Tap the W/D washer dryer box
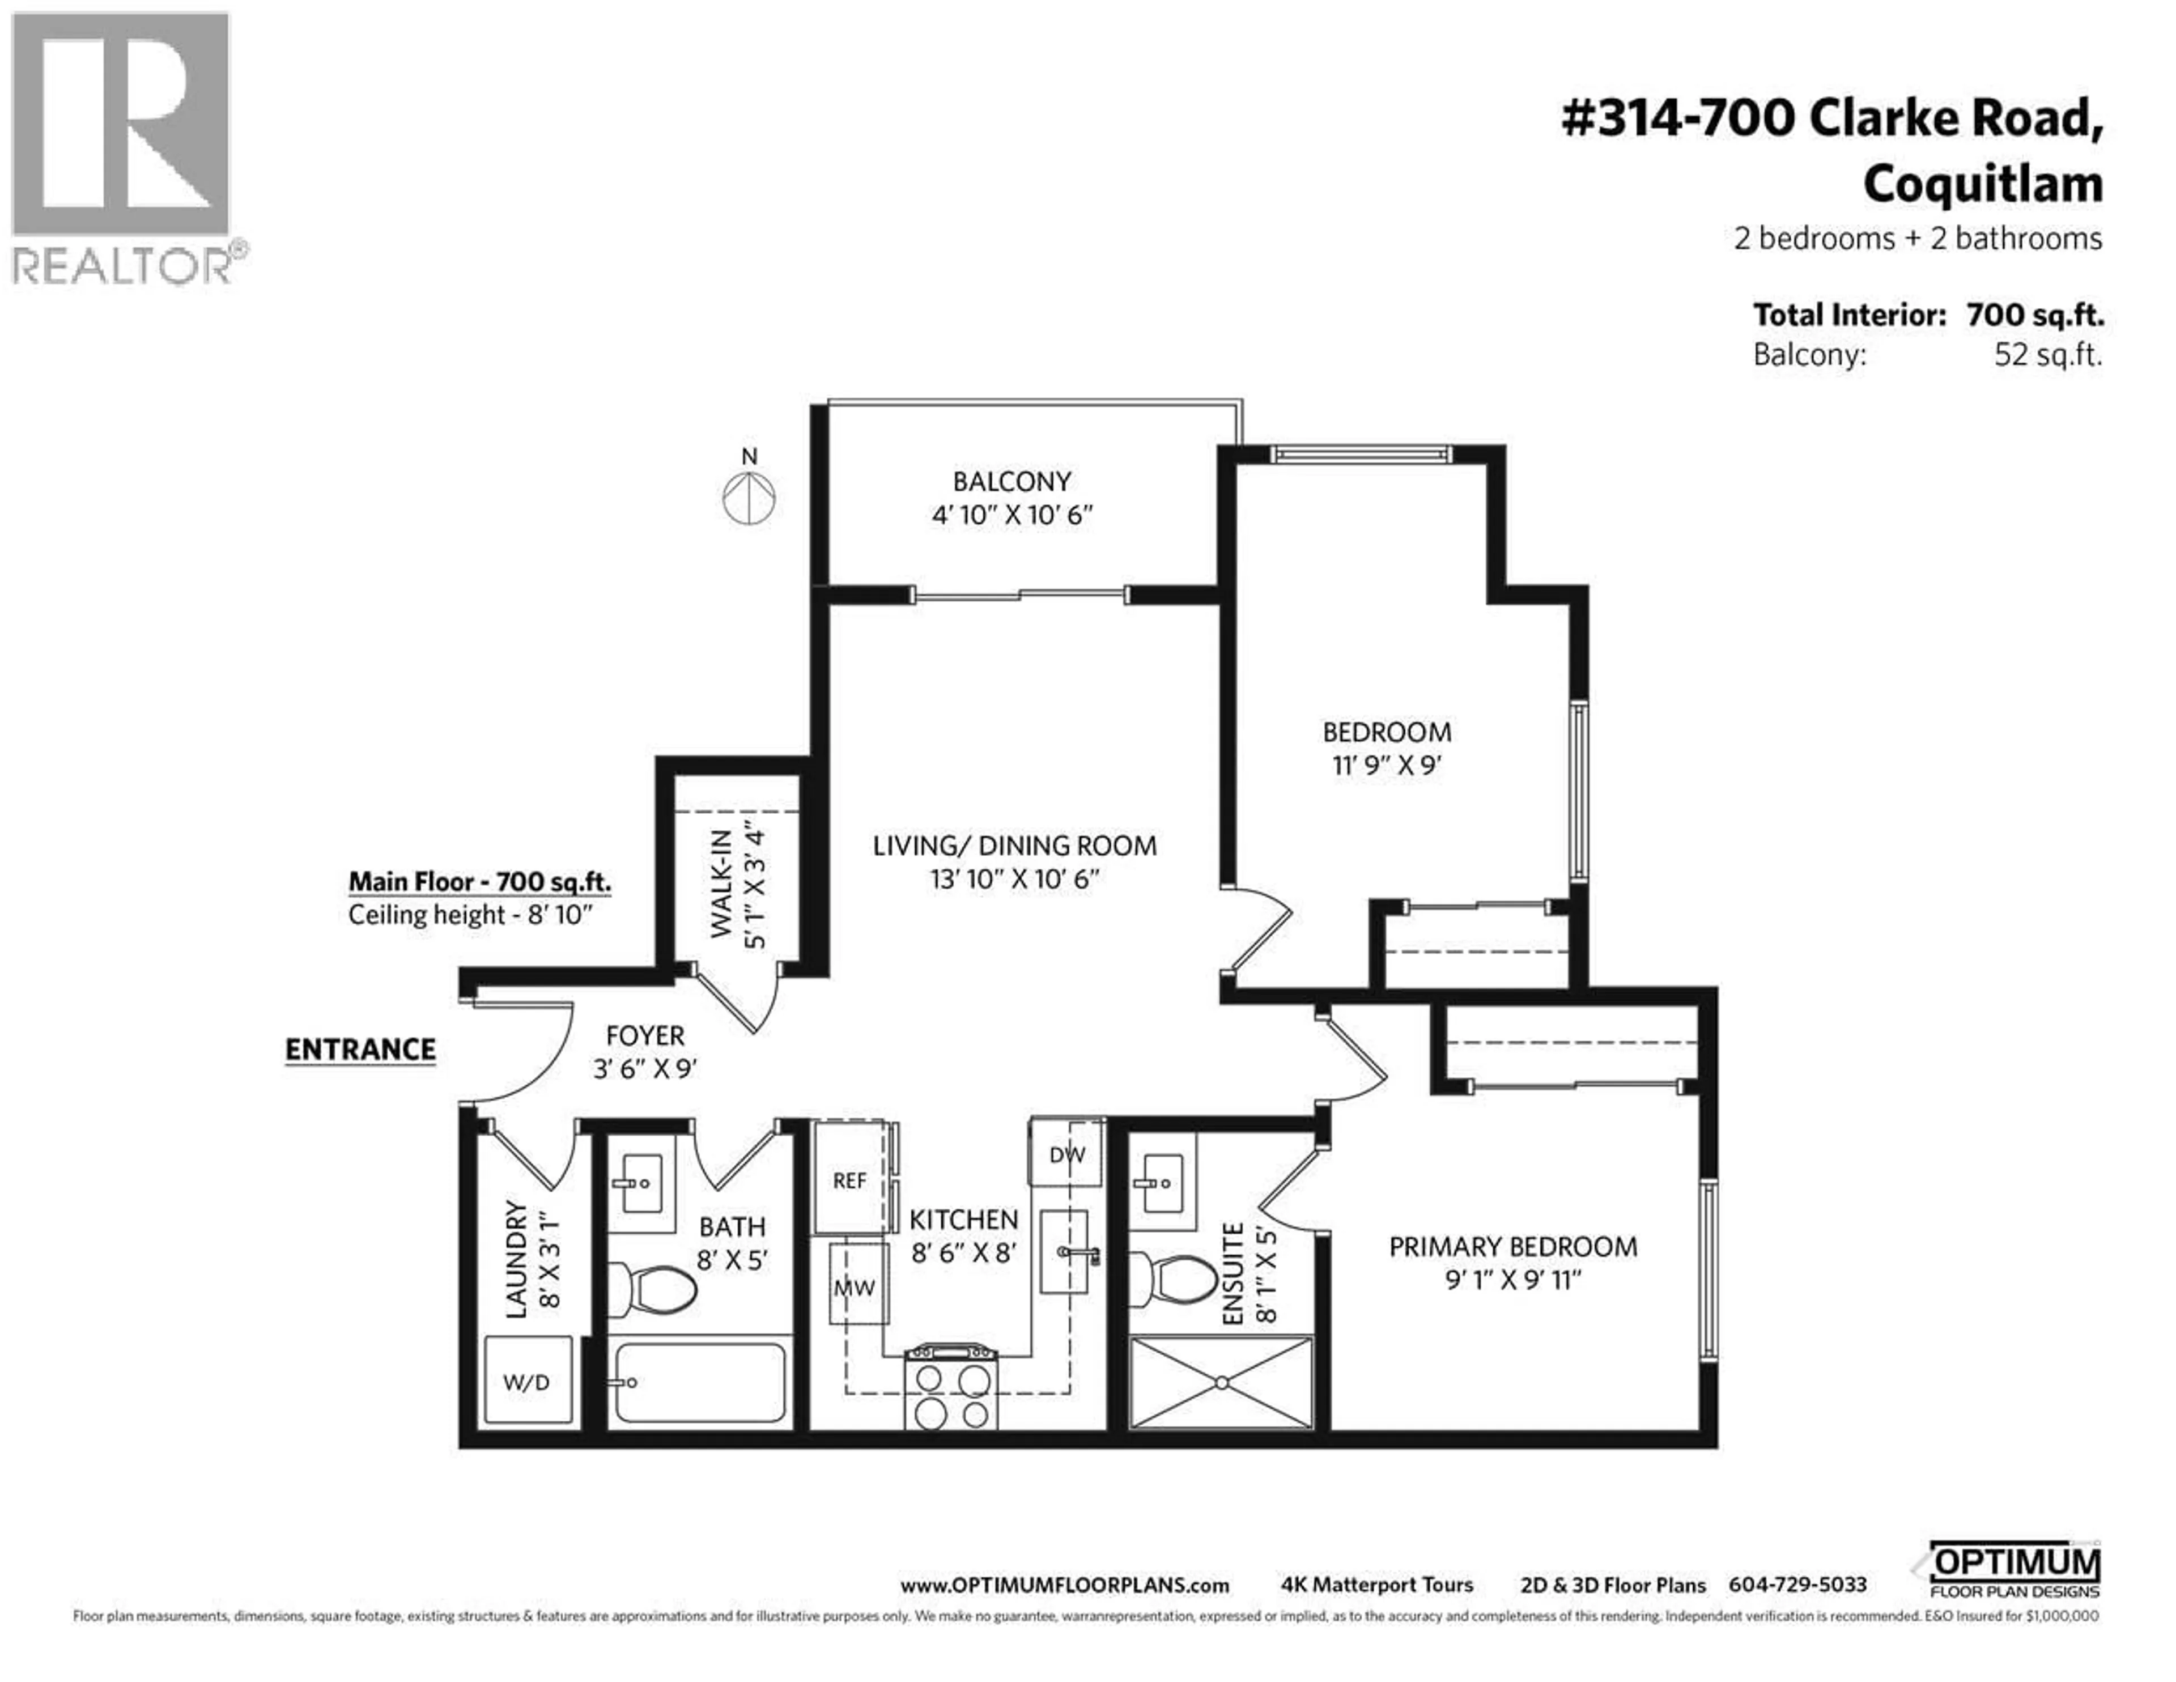pyautogui.click(x=527, y=1381)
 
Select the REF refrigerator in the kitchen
pyautogui.click(x=850, y=1180)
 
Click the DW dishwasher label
pyautogui.click(x=1067, y=1154)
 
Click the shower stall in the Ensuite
pyautogui.click(x=1222, y=1382)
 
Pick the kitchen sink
pyautogui.click(x=1064, y=1251)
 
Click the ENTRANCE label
pyautogui.click(x=360, y=1049)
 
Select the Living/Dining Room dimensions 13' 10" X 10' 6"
pyautogui.click(x=1014, y=879)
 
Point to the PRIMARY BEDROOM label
pyautogui.click(x=1512, y=1247)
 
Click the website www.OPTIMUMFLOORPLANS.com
pyautogui.click(x=1064, y=1585)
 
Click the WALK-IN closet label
pyautogui.click(x=721, y=884)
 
